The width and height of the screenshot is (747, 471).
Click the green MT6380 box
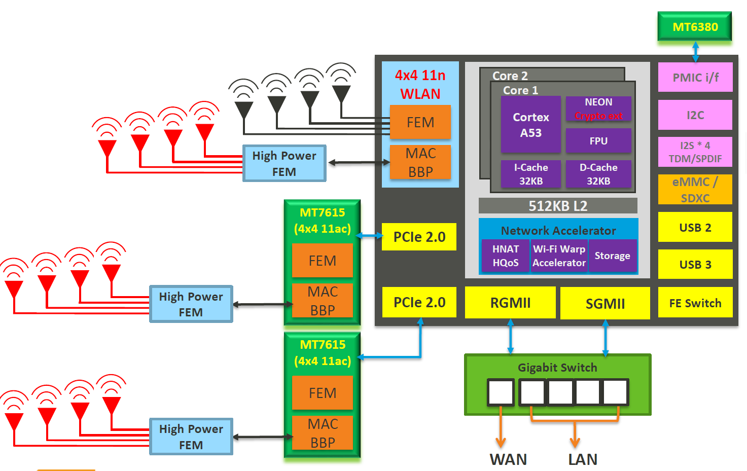(694, 27)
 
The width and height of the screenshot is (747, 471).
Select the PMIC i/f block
(695, 78)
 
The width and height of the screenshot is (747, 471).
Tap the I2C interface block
(695, 115)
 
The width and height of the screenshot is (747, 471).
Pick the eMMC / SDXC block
(695, 190)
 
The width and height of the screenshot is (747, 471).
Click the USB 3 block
(695, 264)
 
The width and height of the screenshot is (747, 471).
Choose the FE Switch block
(695, 303)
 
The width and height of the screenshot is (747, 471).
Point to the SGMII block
(605, 303)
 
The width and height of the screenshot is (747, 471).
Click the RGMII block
(510, 303)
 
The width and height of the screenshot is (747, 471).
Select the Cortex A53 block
(530, 125)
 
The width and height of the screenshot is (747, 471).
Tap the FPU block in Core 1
(598, 141)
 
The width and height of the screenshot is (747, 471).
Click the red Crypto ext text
(598, 116)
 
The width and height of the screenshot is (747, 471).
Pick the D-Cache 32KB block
(598, 174)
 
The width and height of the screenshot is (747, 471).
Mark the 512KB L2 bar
(558, 206)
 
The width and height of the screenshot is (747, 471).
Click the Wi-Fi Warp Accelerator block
(559, 256)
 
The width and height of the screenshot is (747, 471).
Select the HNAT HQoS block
(506, 256)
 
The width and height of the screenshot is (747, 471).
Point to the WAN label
(508, 459)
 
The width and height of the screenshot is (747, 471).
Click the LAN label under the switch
(583, 459)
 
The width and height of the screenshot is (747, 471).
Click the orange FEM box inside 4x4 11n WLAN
(420, 122)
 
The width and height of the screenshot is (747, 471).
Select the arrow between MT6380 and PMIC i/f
(695, 52)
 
